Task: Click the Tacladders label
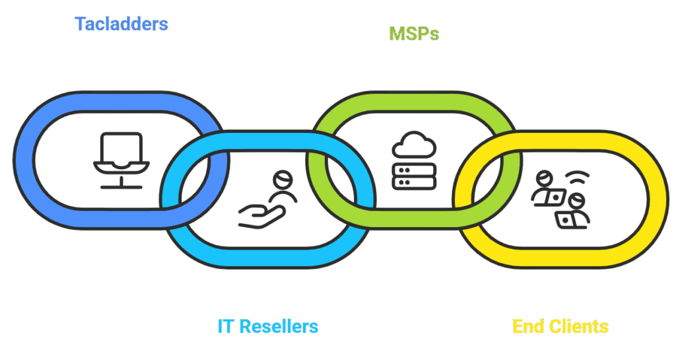click(x=121, y=24)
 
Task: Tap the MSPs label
click(x=414, y=34)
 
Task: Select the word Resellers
click(x=279, y=326)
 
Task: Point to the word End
click(x=529, y=326)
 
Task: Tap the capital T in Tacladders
click(x=80, y=24)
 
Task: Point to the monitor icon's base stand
click(x=121, y=185)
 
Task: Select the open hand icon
click(x=261, y=215)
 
